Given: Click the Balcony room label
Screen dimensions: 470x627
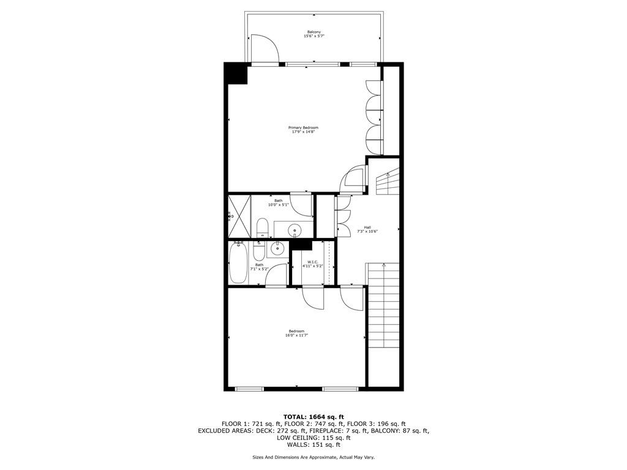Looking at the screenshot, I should pyautogui.click(x=313, y=32).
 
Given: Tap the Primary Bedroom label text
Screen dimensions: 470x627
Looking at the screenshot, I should pyautogui.click(x=303, y=127).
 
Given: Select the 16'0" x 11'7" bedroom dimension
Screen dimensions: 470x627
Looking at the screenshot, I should pyautogui.click(x=296, y=335).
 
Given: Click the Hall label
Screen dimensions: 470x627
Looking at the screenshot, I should pyautogui.click(x=367, y=226).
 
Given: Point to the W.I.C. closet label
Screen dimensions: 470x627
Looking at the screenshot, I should pyautogui.click(x=313, y=261).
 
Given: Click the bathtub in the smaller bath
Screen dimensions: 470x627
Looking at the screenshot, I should pyautogui.click(x=237, y=263).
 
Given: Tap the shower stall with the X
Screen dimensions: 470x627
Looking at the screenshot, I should pyautogui.click(x=239, y=215).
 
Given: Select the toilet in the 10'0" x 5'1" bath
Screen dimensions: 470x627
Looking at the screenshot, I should pyautogui.click(x=262, y=228).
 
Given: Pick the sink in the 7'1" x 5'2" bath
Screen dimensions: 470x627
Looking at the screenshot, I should pyautogui.click(x=277, y=248).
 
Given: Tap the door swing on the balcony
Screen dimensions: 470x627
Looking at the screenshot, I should pyautogui.click(x=263, y=48).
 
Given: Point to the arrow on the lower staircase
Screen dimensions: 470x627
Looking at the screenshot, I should pyautogui.click(x=384, y=266).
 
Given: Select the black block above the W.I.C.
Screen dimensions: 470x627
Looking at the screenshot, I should pyautogui.click(x=301, y=245).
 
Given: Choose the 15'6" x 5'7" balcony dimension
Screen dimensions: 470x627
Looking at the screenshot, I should pyautogui.click(x=313, y=37).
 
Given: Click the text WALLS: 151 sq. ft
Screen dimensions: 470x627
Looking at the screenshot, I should pyautogui.click(x=313, y=445).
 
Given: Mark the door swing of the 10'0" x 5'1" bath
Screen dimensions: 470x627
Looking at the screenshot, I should pyautogui.click(x=301, y=204).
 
